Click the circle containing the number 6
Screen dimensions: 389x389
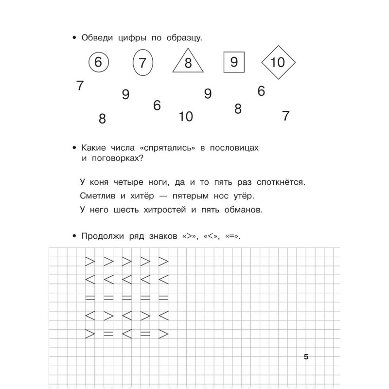click(99, 62)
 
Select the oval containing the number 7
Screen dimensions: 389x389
click(142, 63)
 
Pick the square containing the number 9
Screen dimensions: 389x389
click(233, 62)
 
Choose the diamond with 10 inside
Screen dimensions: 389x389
click(279, 62)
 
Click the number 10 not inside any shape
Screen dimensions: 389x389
click(186, 117)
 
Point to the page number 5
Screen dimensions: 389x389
click(306, 357)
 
